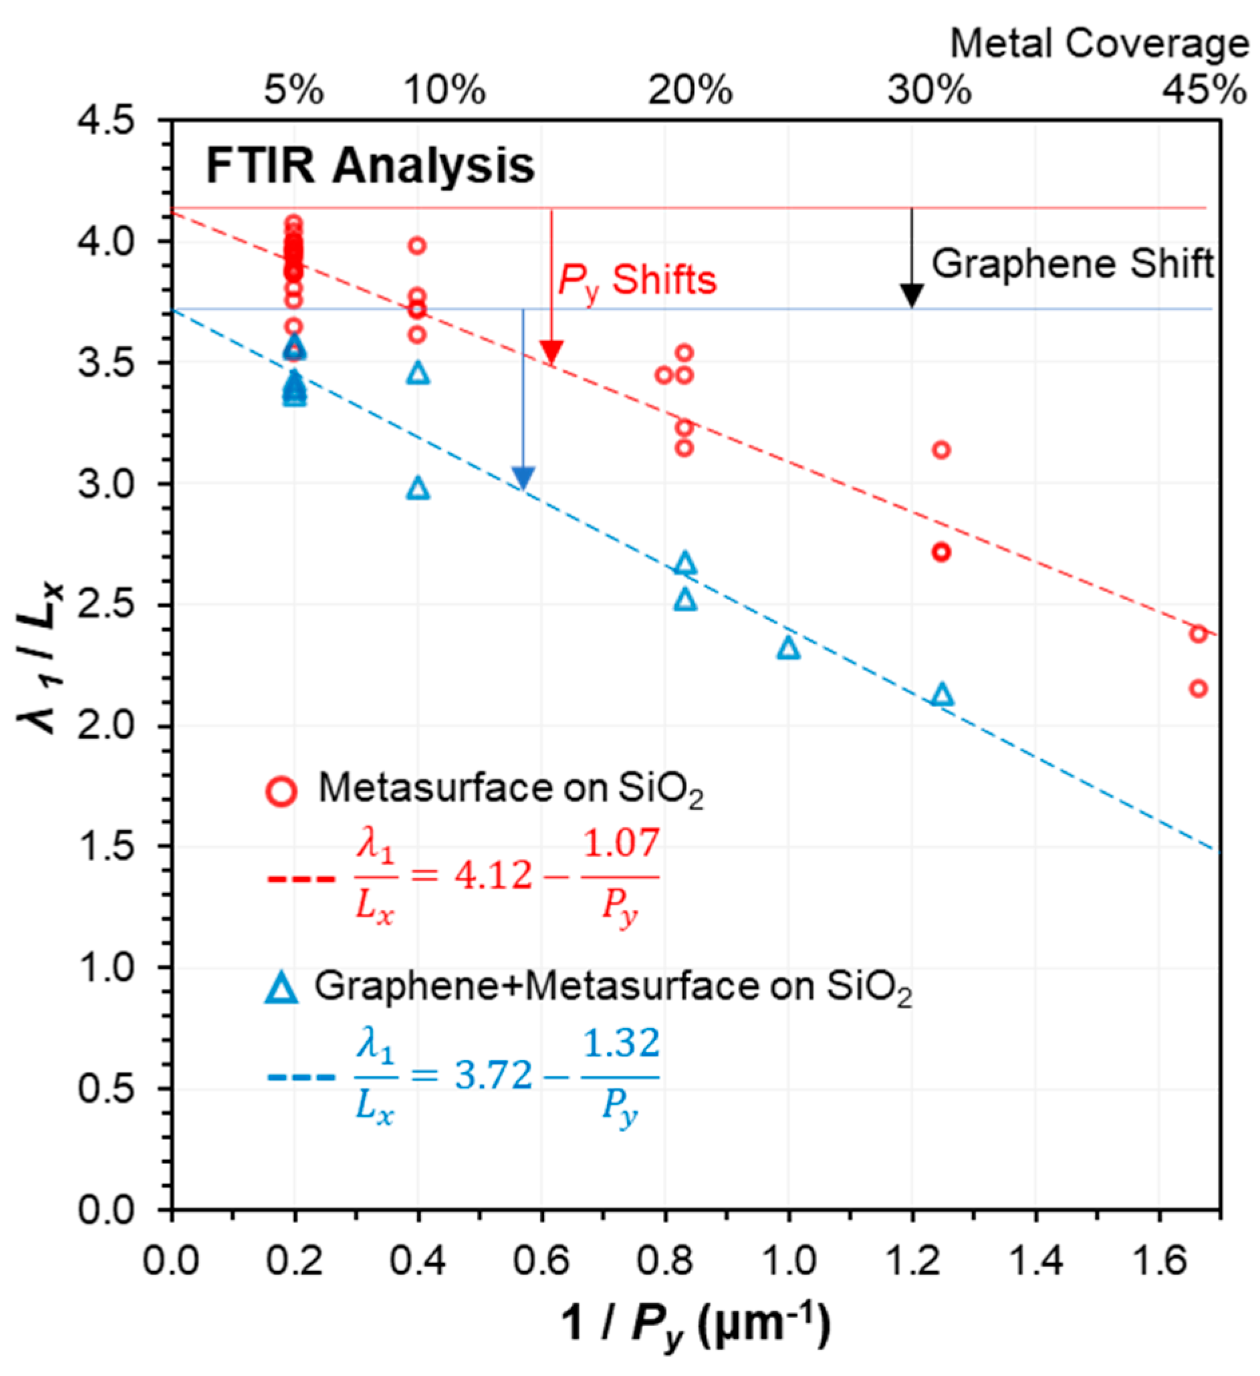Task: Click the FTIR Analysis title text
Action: (x=370, y=166)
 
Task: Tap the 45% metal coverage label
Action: (x=1204, y=90)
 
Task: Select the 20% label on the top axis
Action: (x=690, y=90)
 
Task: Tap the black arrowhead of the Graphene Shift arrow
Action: (x=912, y=296)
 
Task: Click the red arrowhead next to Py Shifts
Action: (x=551, y=352)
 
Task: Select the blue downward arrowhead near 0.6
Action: (x=523, y=478)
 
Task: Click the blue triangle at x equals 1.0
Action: (x=788, y=647)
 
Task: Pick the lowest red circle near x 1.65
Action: (x=1199, y=689)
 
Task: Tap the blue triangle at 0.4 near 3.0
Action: (x=418, y=489)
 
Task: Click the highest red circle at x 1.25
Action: (x=941, y=450)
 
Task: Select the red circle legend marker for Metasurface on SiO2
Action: (x=281, y=792)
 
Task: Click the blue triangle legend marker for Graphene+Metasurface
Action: (x=281, y=988)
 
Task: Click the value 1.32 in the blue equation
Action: (x=621, y=1043)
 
